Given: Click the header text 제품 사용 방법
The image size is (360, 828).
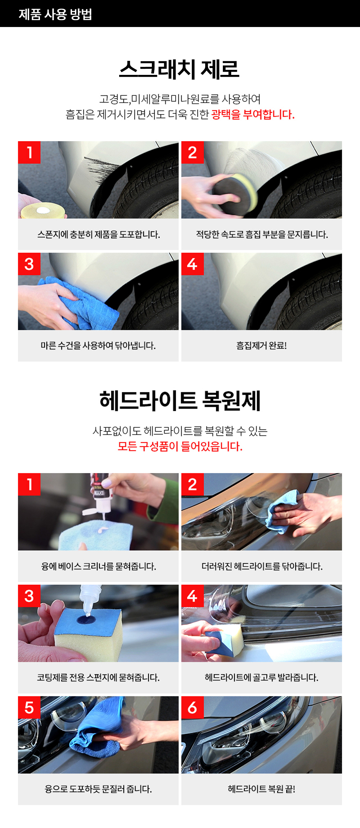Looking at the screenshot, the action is (x=55, y=14).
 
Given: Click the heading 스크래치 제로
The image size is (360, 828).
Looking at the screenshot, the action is (x=179, y=69).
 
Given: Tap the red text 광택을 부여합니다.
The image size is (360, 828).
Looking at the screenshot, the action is (x=253, y=114).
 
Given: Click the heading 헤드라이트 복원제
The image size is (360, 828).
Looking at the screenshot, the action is (x=180, y=400).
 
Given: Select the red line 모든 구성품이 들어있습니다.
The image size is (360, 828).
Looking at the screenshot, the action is (x=180, y=446).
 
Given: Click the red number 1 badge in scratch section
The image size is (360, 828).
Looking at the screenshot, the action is (x=29, y=152).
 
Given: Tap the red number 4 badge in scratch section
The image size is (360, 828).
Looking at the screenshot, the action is (x=192, y=264).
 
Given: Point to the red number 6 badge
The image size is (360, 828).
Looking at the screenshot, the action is (x=192, y=707).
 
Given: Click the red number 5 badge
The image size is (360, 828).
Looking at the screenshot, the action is (x=29, y=707).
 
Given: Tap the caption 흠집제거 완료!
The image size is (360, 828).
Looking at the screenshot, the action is (x=261, y=346).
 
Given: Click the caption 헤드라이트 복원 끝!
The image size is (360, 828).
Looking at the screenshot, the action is (x=261, y=789).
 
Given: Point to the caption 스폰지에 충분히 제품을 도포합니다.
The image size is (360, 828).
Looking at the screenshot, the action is (x=99, y=235).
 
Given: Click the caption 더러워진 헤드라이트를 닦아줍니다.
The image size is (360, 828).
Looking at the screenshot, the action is (x=262, y=566).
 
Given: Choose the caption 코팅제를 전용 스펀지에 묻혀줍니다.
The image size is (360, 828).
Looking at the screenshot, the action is (x=98, y=678).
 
